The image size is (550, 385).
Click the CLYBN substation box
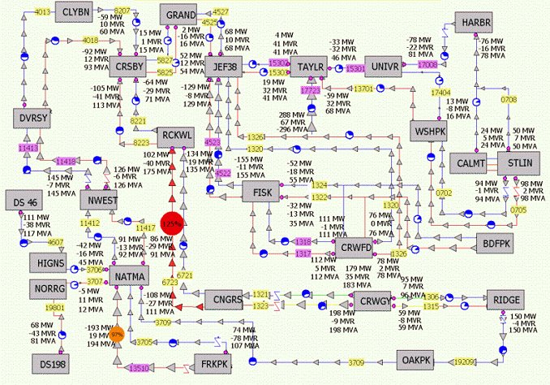(77, 13)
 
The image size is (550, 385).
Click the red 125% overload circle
(171, 222)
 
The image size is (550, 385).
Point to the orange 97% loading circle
(117, 334)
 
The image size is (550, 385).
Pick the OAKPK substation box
(419, 359)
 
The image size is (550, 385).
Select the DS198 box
(54, 364)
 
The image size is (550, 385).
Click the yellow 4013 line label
(44, 13)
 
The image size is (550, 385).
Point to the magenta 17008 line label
(428, 62)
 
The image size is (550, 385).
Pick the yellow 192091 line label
(464, 360)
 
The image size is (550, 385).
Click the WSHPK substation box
(428, 131)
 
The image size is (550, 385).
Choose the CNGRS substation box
(223, 300)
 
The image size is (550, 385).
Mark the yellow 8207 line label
(122, 11)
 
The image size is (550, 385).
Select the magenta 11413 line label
(29, 149)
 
